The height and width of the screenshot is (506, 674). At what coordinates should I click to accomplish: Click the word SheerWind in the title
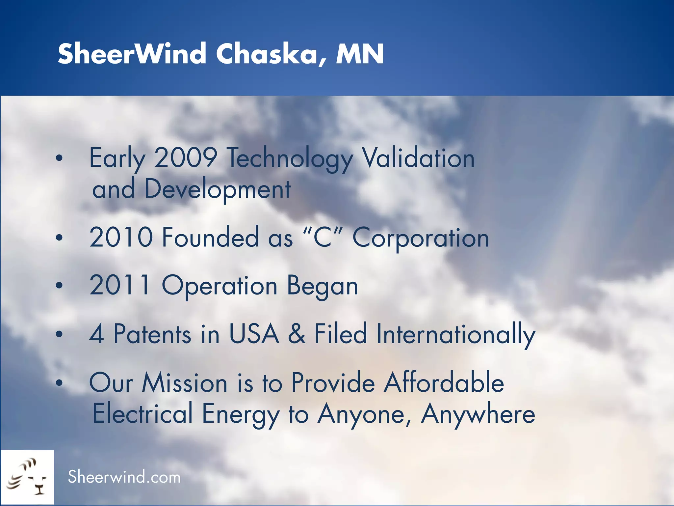[x=132, y=54]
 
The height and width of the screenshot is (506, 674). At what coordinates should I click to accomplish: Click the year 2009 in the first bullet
[x=186, y=158]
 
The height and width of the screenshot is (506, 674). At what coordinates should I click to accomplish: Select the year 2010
[x=121, y=237]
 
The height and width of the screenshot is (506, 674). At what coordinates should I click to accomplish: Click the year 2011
[x=120, y=285]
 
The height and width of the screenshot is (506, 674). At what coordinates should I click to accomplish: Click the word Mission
[x=184, y=383]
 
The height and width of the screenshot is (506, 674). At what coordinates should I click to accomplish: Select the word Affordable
[x=444, y=383]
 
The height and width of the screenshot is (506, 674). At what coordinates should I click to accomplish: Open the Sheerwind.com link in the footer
[x=124, y=477]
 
